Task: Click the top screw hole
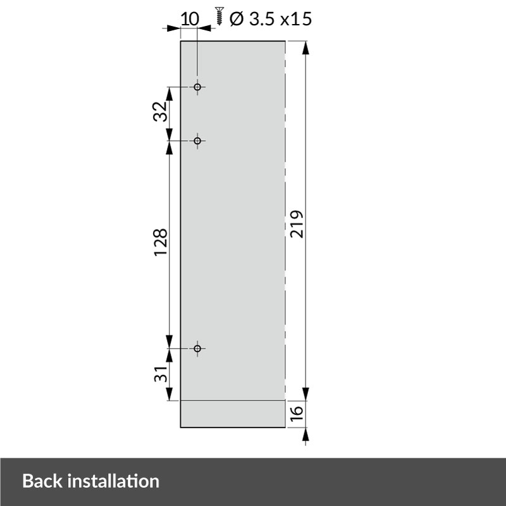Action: (197, 87)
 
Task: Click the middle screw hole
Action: (197, 140)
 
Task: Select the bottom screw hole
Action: (197, 349)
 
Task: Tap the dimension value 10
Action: (189, 18)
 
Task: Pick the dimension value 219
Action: (298, 223)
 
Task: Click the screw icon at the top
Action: (220, 15)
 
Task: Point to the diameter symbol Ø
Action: (236, 19)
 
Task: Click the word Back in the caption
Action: (43, 481)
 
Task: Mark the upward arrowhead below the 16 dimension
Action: (306, 435)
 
